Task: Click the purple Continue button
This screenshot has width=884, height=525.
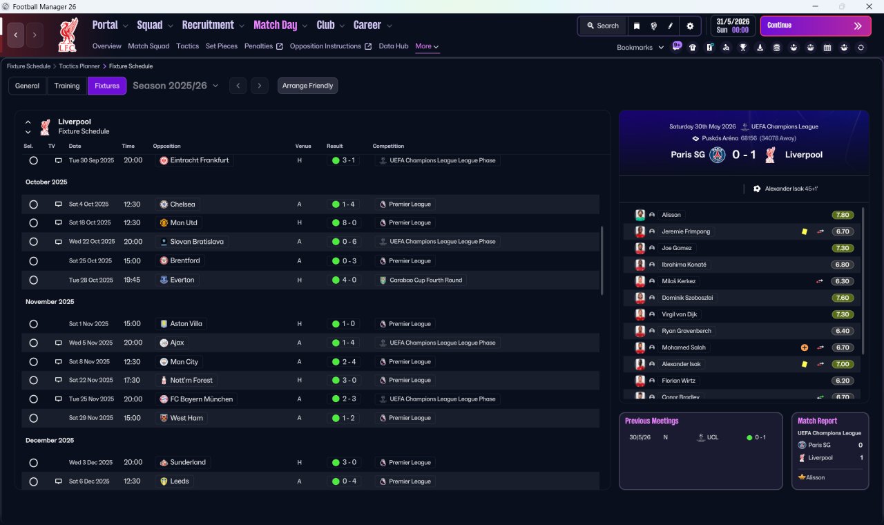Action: point(816,26)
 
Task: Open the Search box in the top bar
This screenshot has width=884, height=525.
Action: point(603,26)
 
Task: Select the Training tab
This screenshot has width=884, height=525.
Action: point(67,86)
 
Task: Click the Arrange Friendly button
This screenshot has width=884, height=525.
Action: point(307,86)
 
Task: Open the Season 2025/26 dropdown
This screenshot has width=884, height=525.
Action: point(175,86)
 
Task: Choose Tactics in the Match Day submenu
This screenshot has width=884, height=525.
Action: point(187,46)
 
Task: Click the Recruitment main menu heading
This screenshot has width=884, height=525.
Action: point(208,26)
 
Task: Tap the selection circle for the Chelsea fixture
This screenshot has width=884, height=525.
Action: point(34,204)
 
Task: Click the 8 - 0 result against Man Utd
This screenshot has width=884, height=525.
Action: point(349,222)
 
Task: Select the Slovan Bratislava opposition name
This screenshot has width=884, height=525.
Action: point(197,242)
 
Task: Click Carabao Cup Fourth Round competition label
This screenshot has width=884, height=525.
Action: point(426,280)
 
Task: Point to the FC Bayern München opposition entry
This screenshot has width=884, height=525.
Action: point(201,399)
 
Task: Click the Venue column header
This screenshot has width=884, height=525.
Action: point(303,146)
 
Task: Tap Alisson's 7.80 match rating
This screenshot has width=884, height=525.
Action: point(843,215)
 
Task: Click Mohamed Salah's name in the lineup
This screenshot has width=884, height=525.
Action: point(684,347)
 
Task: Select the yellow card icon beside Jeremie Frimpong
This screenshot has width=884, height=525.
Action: point(805,231)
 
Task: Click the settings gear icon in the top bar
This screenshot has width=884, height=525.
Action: point(690,26)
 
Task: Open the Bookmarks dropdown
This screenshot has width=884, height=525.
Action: point(640,48)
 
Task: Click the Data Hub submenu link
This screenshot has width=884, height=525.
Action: point(394,46)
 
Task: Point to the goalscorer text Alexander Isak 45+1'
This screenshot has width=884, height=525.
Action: point(791,189)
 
